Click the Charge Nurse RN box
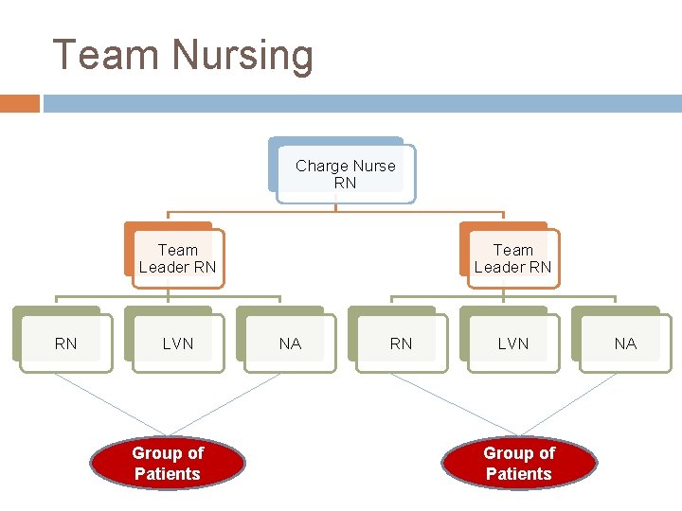point(346,174)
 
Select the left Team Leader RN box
point(177,258)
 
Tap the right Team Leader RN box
point(512,258)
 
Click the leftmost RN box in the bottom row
point(65,344)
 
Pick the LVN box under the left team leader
point(177,344)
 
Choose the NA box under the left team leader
point(289,344)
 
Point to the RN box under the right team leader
point(401,344)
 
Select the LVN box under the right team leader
point(512,344)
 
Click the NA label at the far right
point(625,344)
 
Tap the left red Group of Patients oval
point(168,464)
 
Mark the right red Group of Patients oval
point(519,464)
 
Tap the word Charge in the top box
point(321,166)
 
